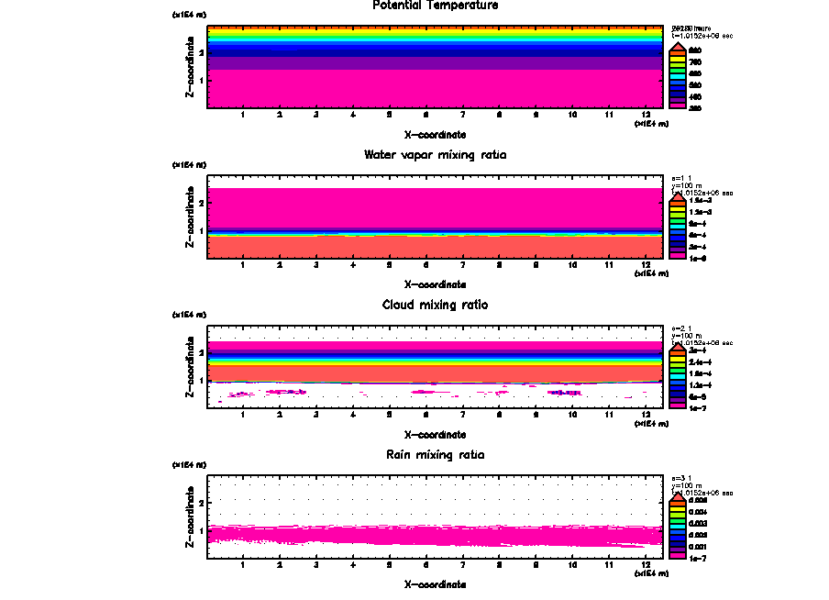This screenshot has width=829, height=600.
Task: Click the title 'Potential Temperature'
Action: pyautogui.click(x=436, y=6)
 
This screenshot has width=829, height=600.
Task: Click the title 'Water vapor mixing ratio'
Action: pyautogui.click(x=436, y=155)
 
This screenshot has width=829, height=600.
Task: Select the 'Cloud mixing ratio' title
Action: pyautogui.click(x=436, y=305)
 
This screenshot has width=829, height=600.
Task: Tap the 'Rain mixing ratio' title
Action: pyautogui.click(x=436, y=455)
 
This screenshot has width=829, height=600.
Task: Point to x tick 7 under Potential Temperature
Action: pyautogui.click(x=463, y=116)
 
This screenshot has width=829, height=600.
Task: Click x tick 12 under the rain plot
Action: pyautogui.click(x=647, y=566)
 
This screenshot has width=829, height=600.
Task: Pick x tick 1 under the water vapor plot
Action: pyautogui.click(x=243, y=266)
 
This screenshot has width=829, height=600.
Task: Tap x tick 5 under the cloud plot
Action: pyautogui.click(x=390, y=416)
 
